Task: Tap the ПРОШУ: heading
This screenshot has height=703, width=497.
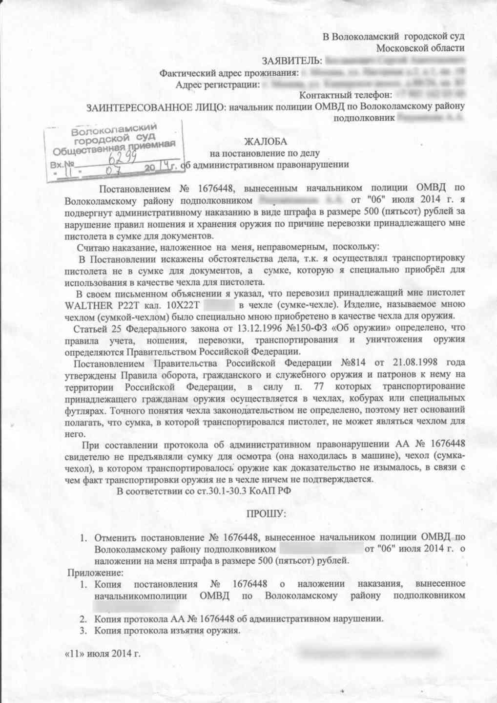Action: point(266,513)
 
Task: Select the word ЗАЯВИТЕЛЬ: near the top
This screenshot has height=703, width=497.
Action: point(292,61)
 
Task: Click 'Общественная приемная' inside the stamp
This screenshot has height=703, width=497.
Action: point(114,146)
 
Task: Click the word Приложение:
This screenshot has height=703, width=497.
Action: point(92,572)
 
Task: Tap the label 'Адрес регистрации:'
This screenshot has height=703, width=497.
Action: point(217,85)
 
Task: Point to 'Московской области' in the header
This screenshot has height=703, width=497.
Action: point(420,48)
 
